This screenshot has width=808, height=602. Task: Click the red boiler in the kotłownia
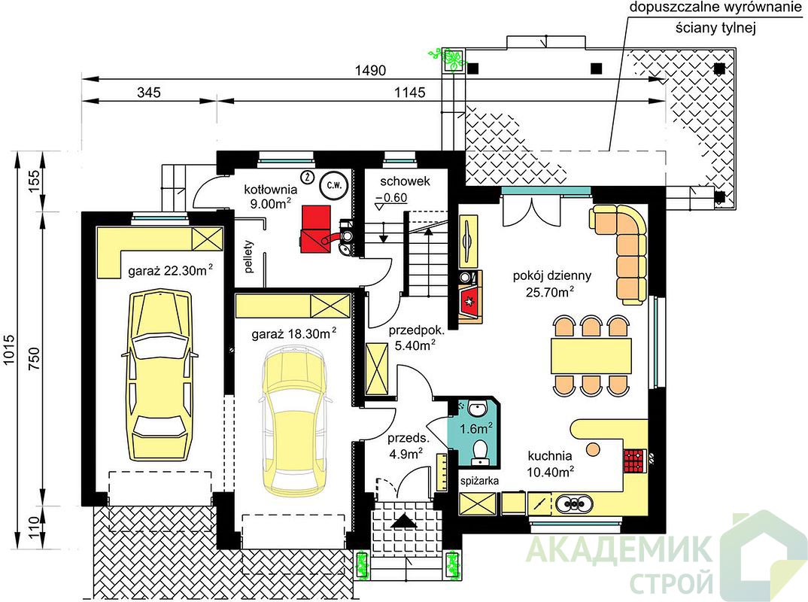coord(317,230)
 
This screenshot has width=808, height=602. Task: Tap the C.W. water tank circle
coord(334,186)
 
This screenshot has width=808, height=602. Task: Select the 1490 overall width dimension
coord(370,70)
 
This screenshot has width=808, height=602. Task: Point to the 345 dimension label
coord(149,93)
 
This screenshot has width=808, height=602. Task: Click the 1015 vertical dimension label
coord(9,350)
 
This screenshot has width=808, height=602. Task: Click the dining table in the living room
coord(591,356)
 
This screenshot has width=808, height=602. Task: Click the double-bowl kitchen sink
coord(573,503)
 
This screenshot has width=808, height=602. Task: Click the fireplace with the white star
coord(471,300)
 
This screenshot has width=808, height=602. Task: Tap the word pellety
coord(250,256)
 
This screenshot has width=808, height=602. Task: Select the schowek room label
coord(405,181)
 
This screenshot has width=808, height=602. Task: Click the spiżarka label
coord(479,482)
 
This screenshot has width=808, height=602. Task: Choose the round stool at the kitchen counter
coord(594,449)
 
